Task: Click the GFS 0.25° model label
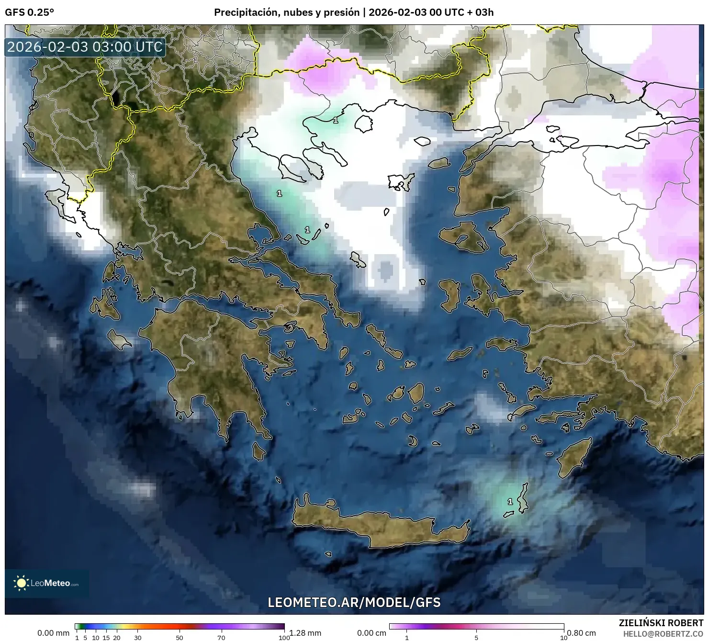point(29,12)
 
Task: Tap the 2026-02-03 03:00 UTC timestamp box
point(85,47)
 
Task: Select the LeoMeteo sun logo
point(21,583)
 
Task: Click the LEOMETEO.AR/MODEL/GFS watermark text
point(354,602)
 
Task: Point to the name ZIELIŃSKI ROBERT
point(661,623)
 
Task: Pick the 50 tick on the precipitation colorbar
point(180,637)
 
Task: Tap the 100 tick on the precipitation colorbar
point(284,637)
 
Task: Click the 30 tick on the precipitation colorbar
point(138,637)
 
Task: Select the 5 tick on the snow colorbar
point(476,637)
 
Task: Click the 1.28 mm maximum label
point(305,633)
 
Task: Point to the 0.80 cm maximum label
point(582,633)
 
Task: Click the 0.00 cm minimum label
point(371,633)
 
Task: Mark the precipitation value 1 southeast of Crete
point(510,502)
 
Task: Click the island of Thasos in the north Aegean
point(364,124)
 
